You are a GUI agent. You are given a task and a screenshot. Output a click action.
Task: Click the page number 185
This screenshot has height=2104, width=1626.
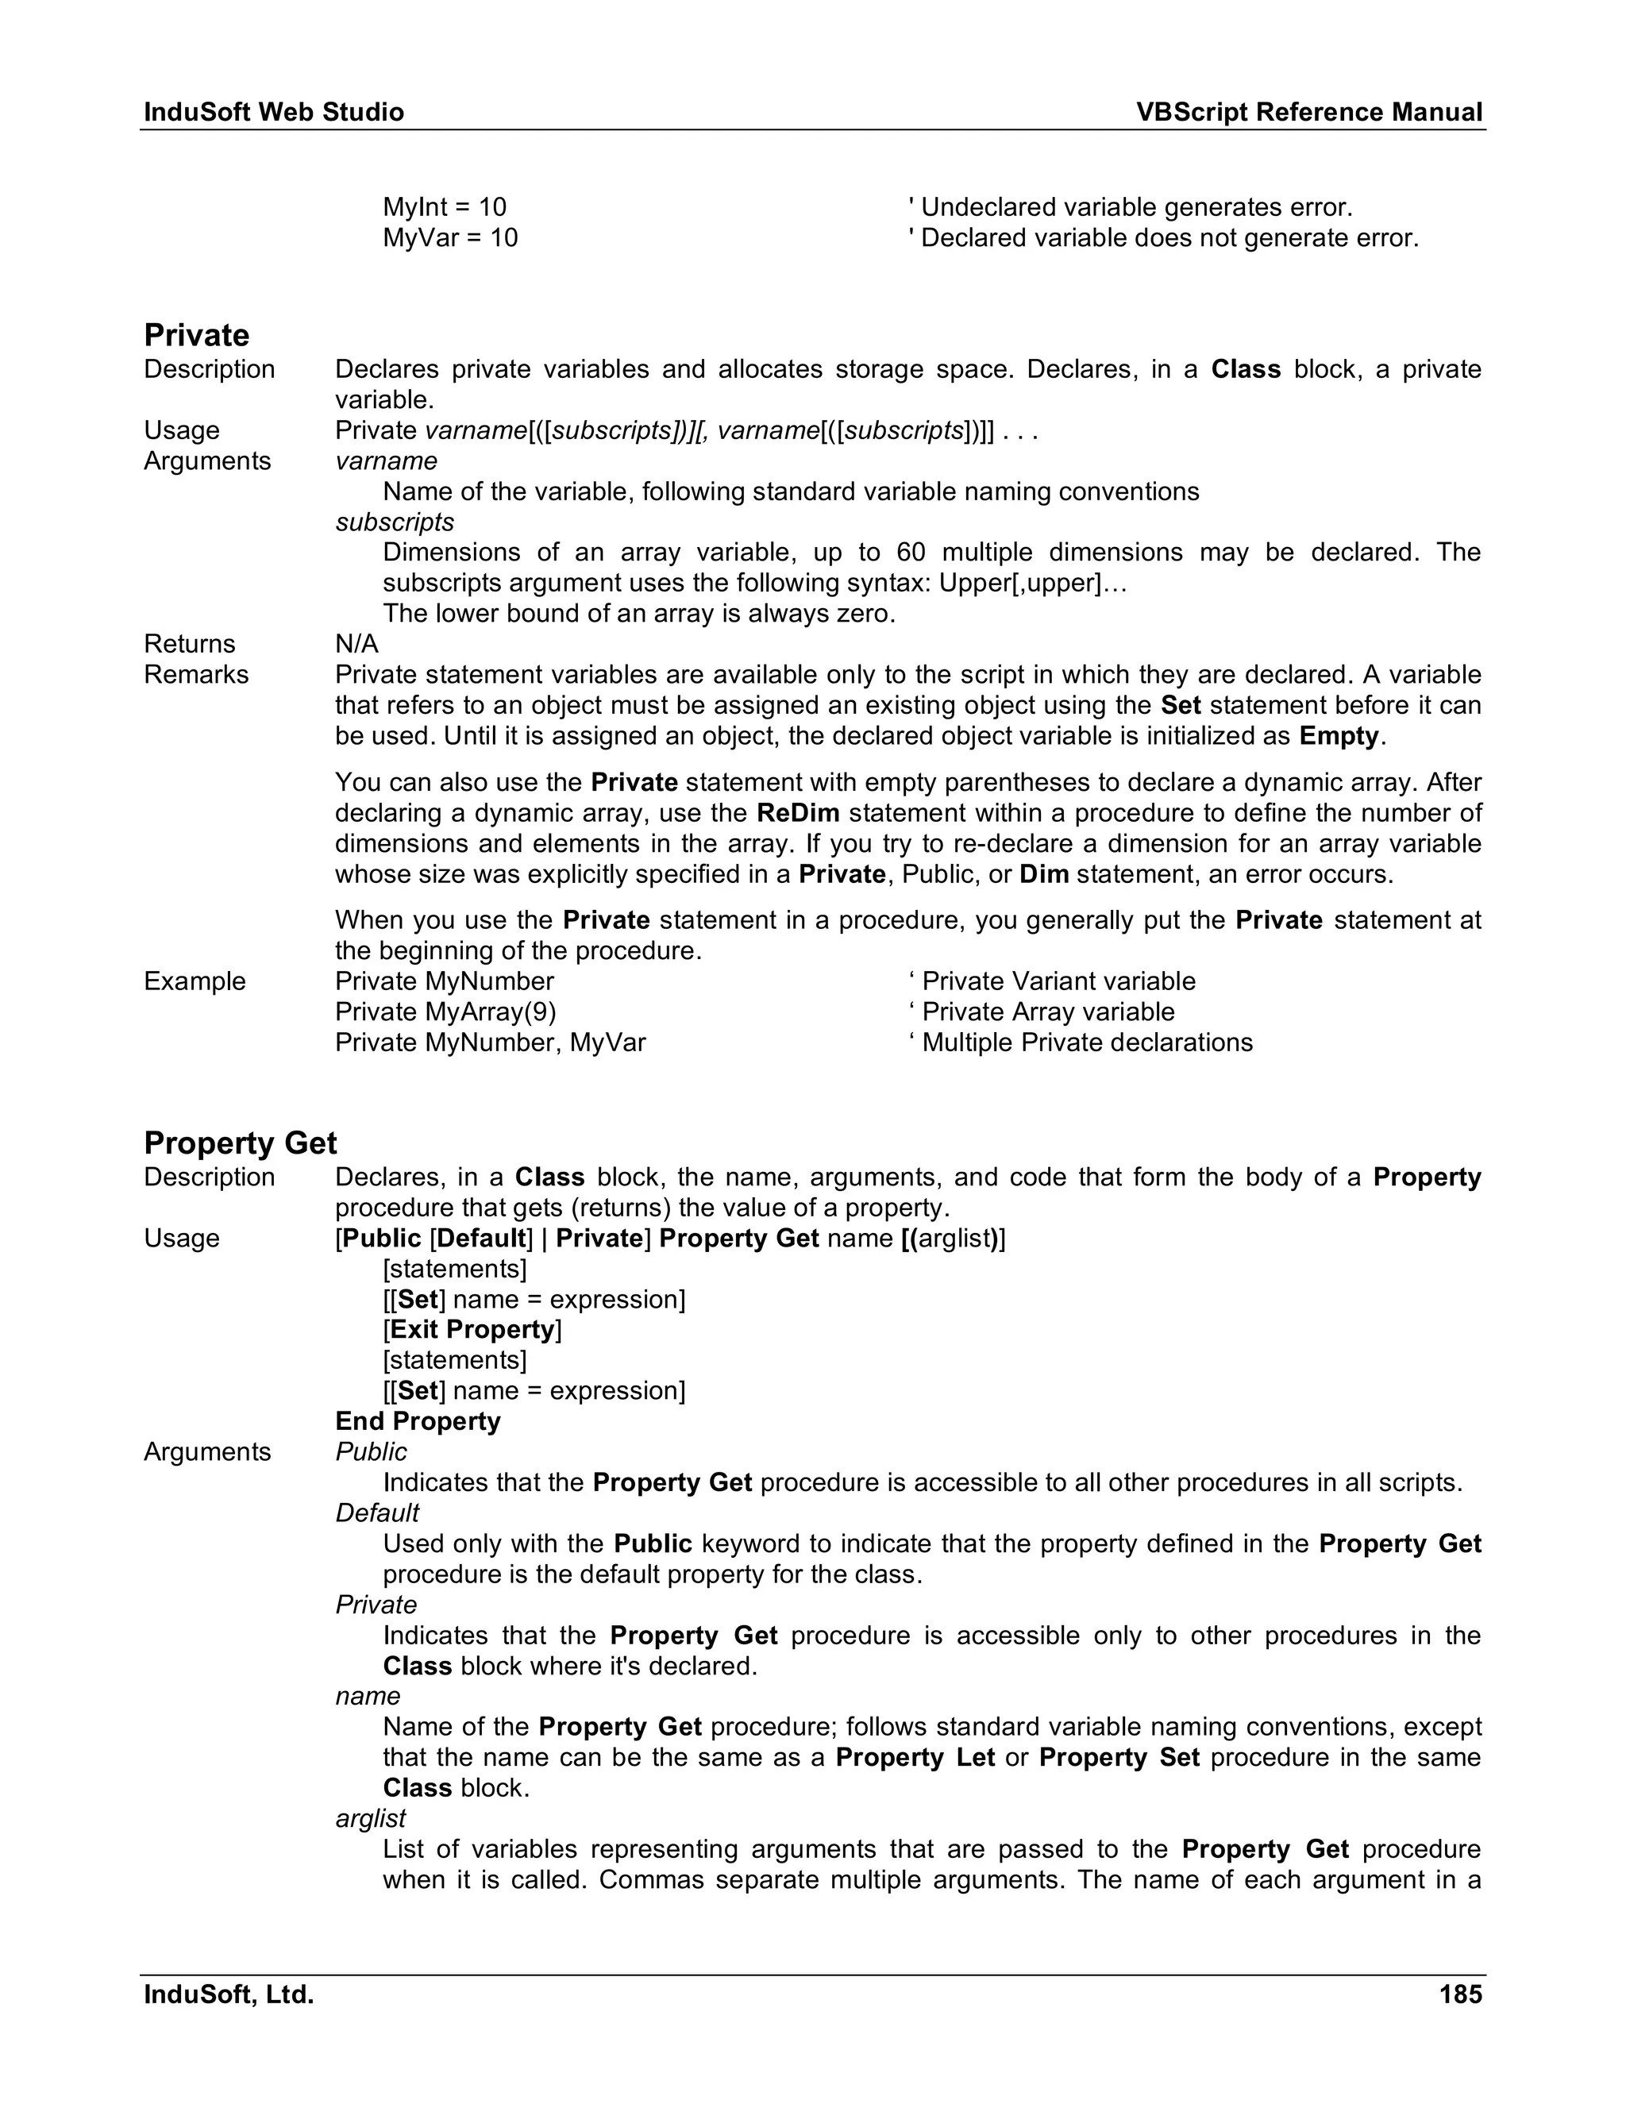(x=1460, y=1994)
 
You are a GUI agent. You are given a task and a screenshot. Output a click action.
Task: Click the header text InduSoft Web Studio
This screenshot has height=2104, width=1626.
(x=274, y=112)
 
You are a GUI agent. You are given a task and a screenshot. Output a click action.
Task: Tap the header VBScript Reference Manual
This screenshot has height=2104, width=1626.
(x=1308, y=112)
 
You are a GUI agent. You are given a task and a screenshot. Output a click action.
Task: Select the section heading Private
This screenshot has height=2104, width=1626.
(x=197, y=335)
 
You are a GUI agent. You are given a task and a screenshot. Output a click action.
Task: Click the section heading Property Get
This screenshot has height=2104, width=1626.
(x=240, y=1143)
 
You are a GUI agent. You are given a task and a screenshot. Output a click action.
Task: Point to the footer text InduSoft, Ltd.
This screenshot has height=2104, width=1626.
(x=229, y=1994)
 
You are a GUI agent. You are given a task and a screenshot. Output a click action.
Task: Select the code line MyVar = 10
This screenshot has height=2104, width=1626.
(x=450, y=238)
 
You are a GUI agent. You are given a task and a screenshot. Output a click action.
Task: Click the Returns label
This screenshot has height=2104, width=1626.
(x=189, y=644)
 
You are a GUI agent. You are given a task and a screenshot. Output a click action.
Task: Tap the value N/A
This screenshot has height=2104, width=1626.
(x=356, y=644)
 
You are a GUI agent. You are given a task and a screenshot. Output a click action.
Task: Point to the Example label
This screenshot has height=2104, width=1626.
(x=195, y=981)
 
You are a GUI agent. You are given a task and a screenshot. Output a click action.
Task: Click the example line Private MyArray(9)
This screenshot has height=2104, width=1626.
(x=445, y=1012)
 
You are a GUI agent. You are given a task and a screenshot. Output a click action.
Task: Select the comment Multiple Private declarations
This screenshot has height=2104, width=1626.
(x=1087, y=1042)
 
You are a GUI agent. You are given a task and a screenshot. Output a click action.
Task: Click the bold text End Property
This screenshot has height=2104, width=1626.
(x=417, y=1421)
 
